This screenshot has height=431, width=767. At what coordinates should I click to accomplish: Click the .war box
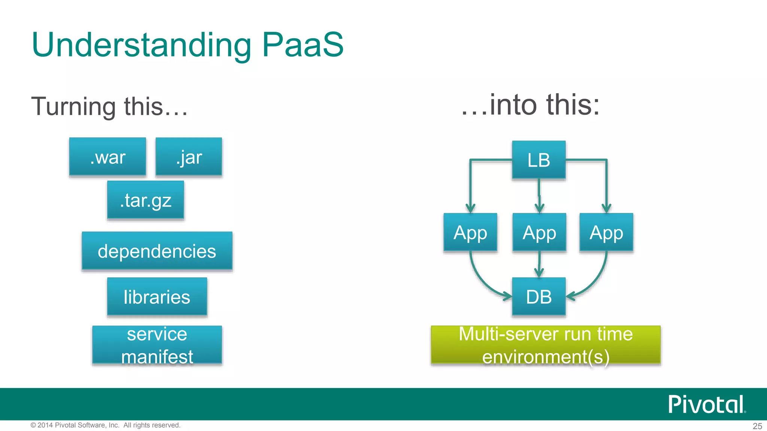click(x=107, y=157)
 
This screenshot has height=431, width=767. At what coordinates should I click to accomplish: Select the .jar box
click(x=189, y=157)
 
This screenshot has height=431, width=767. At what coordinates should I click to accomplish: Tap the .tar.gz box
click(x=145, y=200)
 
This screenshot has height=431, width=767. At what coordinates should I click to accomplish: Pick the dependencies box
click(x=157, y=251)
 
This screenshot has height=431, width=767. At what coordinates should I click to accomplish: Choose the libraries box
click(x=157, y=297)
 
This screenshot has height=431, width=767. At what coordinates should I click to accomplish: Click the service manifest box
click(x=157, y=345)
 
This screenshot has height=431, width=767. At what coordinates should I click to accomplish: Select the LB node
click(x=539, y=160)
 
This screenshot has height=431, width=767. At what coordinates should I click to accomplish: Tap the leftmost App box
click(x=470, y=232)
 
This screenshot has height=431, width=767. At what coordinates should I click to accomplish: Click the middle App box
click(x=539, y=232)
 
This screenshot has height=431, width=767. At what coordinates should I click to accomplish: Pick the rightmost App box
click(x=606, y=232)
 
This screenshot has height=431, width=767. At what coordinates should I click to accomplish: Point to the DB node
click(x=539, y=297)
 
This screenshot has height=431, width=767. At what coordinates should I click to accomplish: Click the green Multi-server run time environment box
click(x=546, y=345)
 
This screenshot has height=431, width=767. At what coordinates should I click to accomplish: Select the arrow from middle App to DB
click(x=539, y=264)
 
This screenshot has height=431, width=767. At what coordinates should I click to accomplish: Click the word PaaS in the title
click(x=303, y=45)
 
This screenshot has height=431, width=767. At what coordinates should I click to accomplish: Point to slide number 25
click(x=757, y=426)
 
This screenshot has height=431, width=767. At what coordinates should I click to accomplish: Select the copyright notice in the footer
click(x=105, y=425)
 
